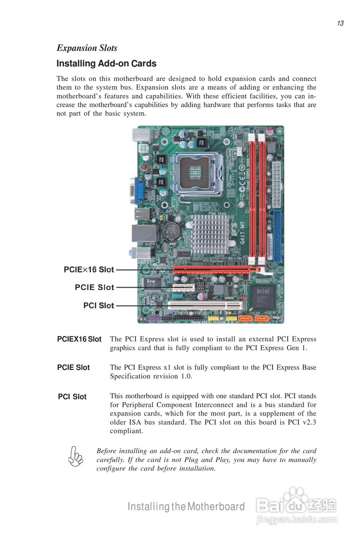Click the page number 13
point(340,24)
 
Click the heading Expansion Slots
point(87,48)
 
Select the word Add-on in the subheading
point(113,64)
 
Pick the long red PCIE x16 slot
point(215,270)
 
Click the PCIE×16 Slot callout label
point(89,269)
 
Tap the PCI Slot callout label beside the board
point(98,305)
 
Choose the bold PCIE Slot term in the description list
point(73,367)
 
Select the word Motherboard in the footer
point(216,507)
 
